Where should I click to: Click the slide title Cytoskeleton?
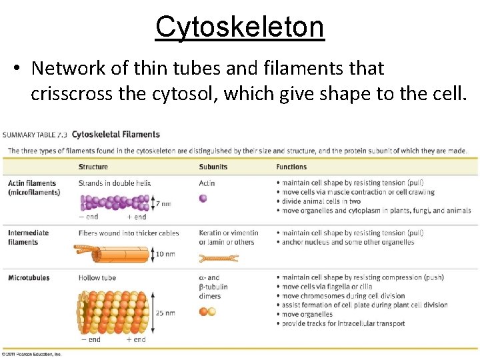click(x=239, y=27)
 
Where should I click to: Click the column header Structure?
click(x=93, y=167)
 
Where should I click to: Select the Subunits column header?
click(x=213, y=167)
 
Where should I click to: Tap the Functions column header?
click(x=291, y=167)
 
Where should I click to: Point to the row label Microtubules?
click(x=29, y=277)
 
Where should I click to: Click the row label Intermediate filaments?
click(x=28, y=237)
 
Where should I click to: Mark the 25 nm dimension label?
click(x=165, y=312)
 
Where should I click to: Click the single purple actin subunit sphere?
click(x=203, y=198)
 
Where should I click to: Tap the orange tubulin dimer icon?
click(x=207, y=311)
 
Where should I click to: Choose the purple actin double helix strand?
click(x=115, y=203)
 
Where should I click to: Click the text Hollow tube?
click(x=97, y=277)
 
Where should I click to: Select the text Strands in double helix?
click(x=115, y=183)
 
